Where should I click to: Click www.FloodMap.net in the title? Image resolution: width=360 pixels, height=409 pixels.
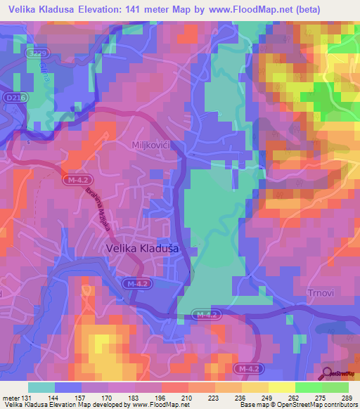click(x=242, y=10)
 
